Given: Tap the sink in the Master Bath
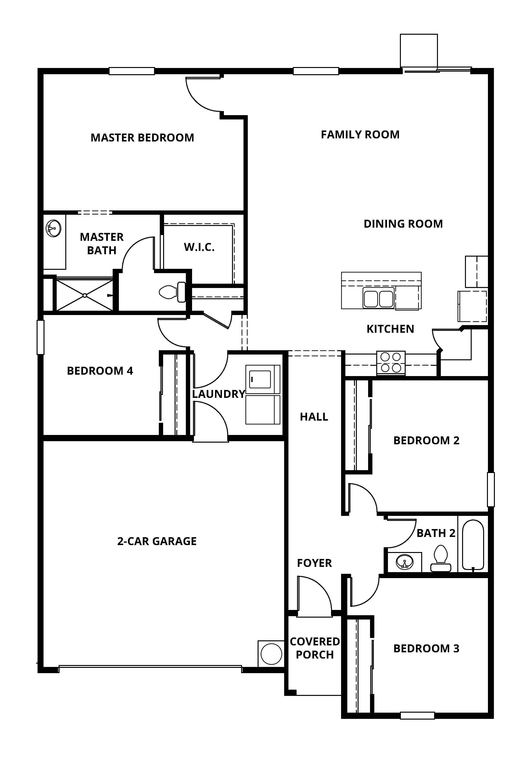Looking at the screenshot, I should [x=53, y=228].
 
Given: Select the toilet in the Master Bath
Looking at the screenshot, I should [x=172, y=292].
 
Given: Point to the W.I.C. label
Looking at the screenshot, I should [x=199, y=247].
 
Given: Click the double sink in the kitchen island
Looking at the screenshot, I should [x=378, y=298].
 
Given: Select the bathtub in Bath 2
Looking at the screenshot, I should [x=473, y=545].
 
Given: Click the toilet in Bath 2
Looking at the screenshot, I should [x=441, y=558].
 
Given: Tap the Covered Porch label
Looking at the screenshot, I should [x=315, y=648].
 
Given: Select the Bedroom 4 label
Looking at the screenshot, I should [x=100, y=371].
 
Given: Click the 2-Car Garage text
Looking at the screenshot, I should [x=157, y=541].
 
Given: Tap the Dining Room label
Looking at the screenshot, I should [x=403, y=224].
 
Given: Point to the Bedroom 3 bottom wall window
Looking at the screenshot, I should [x=417, y=715].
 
